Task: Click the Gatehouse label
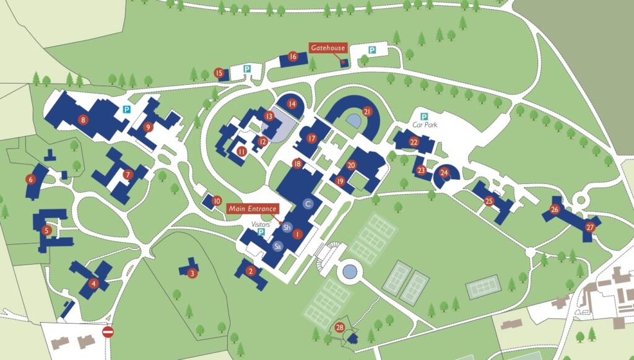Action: (328, 48)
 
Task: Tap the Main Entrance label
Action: (252, 209)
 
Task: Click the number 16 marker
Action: (293, 56)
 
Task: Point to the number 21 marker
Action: (367, 112)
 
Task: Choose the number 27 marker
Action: (590, 227)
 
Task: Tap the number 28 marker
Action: (339, 327)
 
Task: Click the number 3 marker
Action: (193, 273)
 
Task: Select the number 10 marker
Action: (217, 201)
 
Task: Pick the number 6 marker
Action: (30, 180)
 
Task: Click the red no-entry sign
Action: (108, 332)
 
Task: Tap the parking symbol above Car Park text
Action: (425, 116)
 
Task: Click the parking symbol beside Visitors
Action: (261, 232)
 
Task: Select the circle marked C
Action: (308, 203)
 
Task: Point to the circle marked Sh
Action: (287, 227)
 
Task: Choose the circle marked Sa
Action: (277, 246)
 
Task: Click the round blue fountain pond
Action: (350, 270)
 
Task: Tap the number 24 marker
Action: (444, 172)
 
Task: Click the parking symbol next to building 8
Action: (126, 109)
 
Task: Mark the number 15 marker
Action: (219, 73)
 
